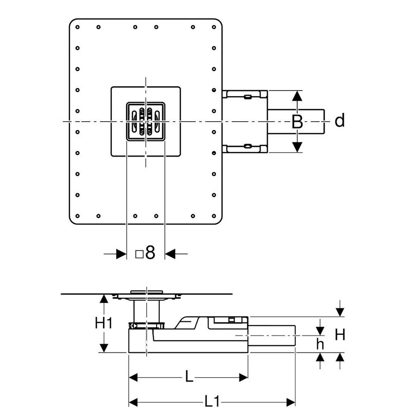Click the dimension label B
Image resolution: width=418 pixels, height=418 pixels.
297,122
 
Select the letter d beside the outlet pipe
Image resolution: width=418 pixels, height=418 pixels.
340,120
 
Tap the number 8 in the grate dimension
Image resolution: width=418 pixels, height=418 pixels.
150,253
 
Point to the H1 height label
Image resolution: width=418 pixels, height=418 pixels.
104,323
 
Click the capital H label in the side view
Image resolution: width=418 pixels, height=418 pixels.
340,334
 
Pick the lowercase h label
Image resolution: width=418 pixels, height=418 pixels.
320,344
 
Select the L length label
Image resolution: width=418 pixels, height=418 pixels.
189,377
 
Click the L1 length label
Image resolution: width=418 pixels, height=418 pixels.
212,401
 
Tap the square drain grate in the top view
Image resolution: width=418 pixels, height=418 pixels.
145,122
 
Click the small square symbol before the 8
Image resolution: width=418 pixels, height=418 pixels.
139,255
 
